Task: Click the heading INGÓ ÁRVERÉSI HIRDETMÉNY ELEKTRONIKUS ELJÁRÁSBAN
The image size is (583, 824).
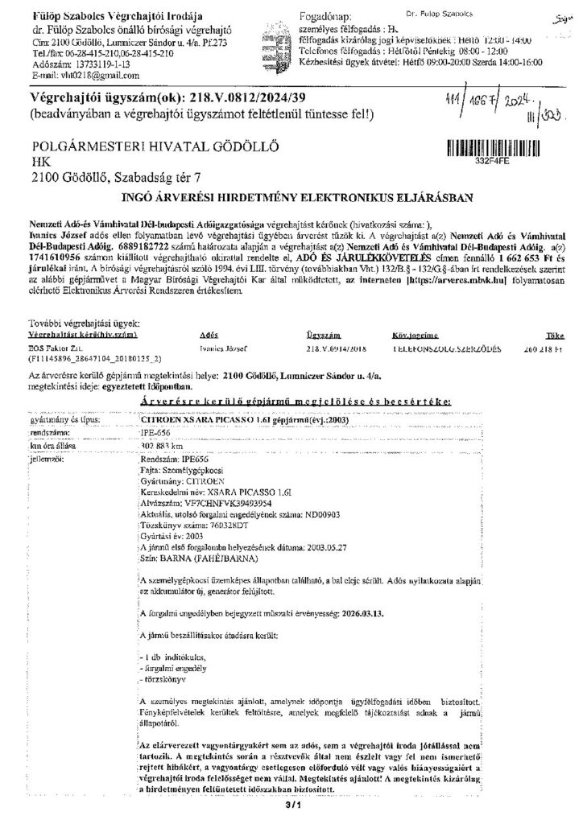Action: [x=292, y=195]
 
